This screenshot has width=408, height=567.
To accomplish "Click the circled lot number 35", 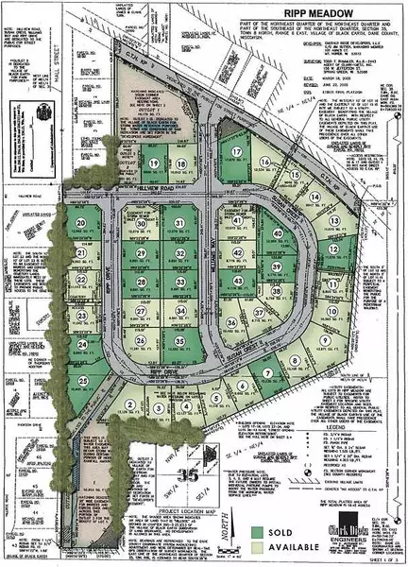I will [179, 340].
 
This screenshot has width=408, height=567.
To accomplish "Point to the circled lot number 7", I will [267, 373].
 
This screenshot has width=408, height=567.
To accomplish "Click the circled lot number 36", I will [231, 323].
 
